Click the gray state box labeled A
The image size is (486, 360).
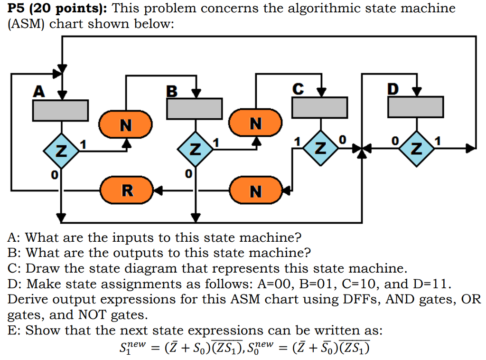(60, 110)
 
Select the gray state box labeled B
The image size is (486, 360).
(194, 108)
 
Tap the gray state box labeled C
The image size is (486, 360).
(319, 107)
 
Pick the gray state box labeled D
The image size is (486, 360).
(416, 107)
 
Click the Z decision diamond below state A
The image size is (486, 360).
(60, 151)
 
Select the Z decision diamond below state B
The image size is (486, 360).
(195, 151)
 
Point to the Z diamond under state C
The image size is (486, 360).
(320, 149)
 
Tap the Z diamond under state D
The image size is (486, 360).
(416, 149)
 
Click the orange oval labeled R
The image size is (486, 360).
(126, 191)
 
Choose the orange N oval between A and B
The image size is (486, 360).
(126, 125)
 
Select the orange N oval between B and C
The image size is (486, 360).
(256, 123)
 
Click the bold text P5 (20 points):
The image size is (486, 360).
(55, 8)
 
